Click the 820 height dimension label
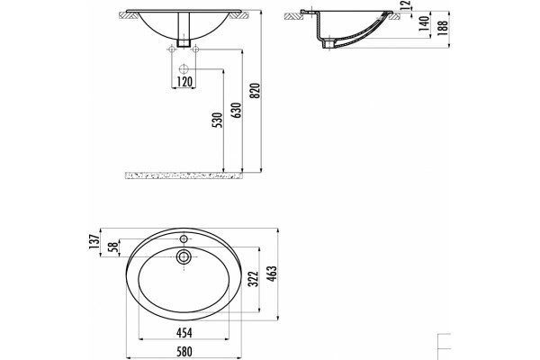256,91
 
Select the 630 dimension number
237,110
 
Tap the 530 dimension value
218,120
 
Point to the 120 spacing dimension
184,82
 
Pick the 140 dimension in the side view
424,23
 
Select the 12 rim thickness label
407,4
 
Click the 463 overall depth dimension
272,274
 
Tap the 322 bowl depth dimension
253,279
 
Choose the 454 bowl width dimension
184,332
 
